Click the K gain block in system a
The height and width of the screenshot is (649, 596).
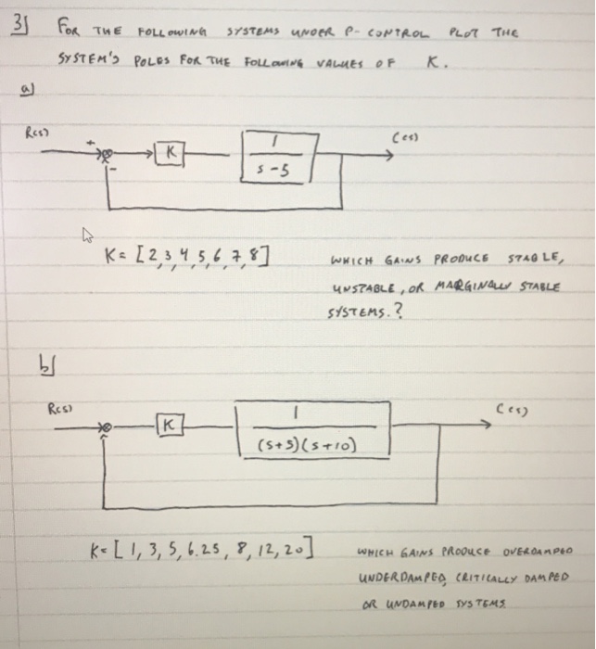click(172, 149)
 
